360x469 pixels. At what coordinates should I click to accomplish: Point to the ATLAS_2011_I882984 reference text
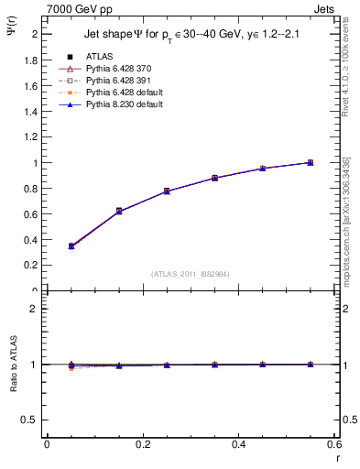click(191, 274)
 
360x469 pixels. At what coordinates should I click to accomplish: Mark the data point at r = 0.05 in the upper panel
click(71, 246)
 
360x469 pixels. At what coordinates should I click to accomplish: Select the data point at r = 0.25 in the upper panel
click(166, 191)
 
